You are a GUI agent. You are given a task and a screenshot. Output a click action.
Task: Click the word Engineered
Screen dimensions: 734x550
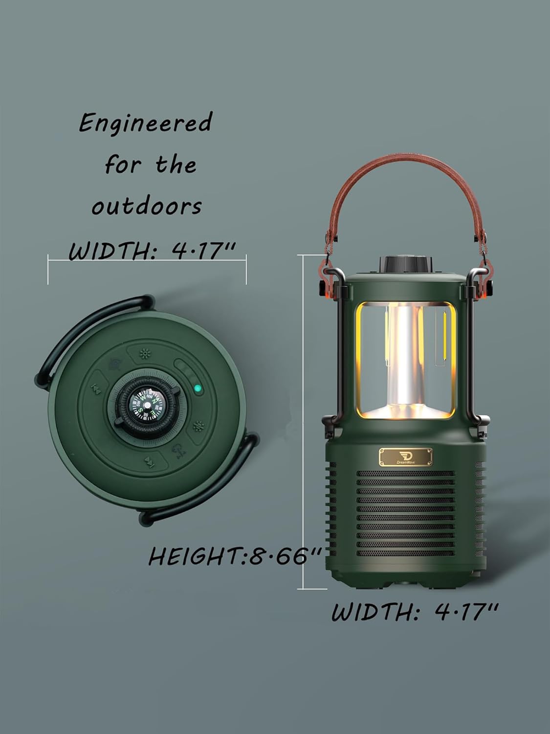tap(145, 123)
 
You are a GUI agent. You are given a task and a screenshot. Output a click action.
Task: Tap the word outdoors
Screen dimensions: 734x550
tap(147, 206)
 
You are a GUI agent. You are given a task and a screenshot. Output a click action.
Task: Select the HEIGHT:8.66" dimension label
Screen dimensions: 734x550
tap(235, 556)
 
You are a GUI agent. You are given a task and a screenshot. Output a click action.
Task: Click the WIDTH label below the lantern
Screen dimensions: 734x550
tap(415, 612)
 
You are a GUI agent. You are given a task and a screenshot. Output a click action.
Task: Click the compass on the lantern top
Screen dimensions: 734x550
tap(147, 404)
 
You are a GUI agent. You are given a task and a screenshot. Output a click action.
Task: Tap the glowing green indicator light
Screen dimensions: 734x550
tap(198, 390)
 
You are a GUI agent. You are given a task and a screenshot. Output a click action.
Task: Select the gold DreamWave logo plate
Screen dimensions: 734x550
tap(405, 457)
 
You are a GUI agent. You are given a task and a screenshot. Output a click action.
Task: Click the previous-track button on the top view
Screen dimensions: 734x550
tap(96, 390)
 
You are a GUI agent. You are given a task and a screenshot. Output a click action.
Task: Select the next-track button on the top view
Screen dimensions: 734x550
tap(149, 461)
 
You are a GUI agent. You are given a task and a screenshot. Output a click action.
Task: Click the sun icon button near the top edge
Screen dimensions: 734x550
tap(144, 353)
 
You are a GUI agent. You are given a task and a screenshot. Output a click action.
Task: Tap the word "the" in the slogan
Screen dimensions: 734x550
tap(176, 164)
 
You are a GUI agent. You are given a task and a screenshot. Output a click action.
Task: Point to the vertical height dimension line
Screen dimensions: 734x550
tap(304, 421)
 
